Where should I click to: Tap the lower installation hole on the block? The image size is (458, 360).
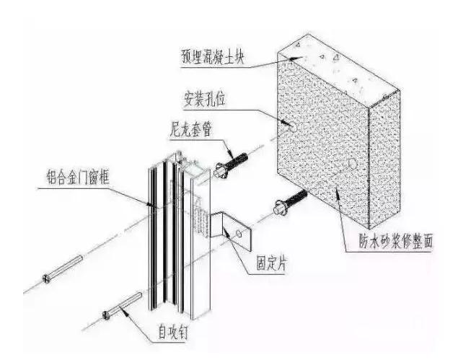coord(352,164)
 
